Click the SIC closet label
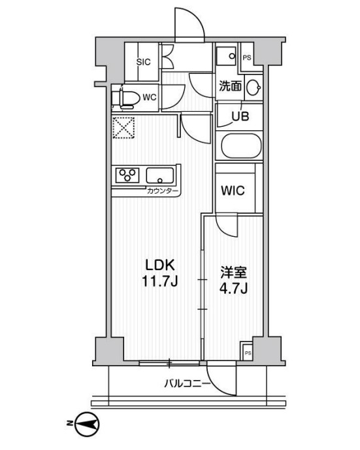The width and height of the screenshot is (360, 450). click(x=144, y=62)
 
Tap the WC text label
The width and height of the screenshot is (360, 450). click(x=150, y=97)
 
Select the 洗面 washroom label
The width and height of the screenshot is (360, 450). click(x=231, y=86)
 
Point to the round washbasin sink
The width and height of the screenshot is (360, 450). click(x=256, y=86)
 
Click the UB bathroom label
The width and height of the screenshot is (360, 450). click(x=241, y=118)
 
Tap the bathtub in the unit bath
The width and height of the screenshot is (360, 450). click(x=240, y=145)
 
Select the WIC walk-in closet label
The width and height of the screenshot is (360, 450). click(x=232, y=191)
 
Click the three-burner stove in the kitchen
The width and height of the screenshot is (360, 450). click(x=128, y=175)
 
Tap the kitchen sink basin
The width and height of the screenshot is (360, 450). click(x=160, y=175)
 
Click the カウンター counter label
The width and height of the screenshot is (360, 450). click(x=162, y=190)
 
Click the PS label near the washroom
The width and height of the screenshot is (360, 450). click(x=247, y=58)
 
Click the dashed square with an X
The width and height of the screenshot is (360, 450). click(x=123, y=128)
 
